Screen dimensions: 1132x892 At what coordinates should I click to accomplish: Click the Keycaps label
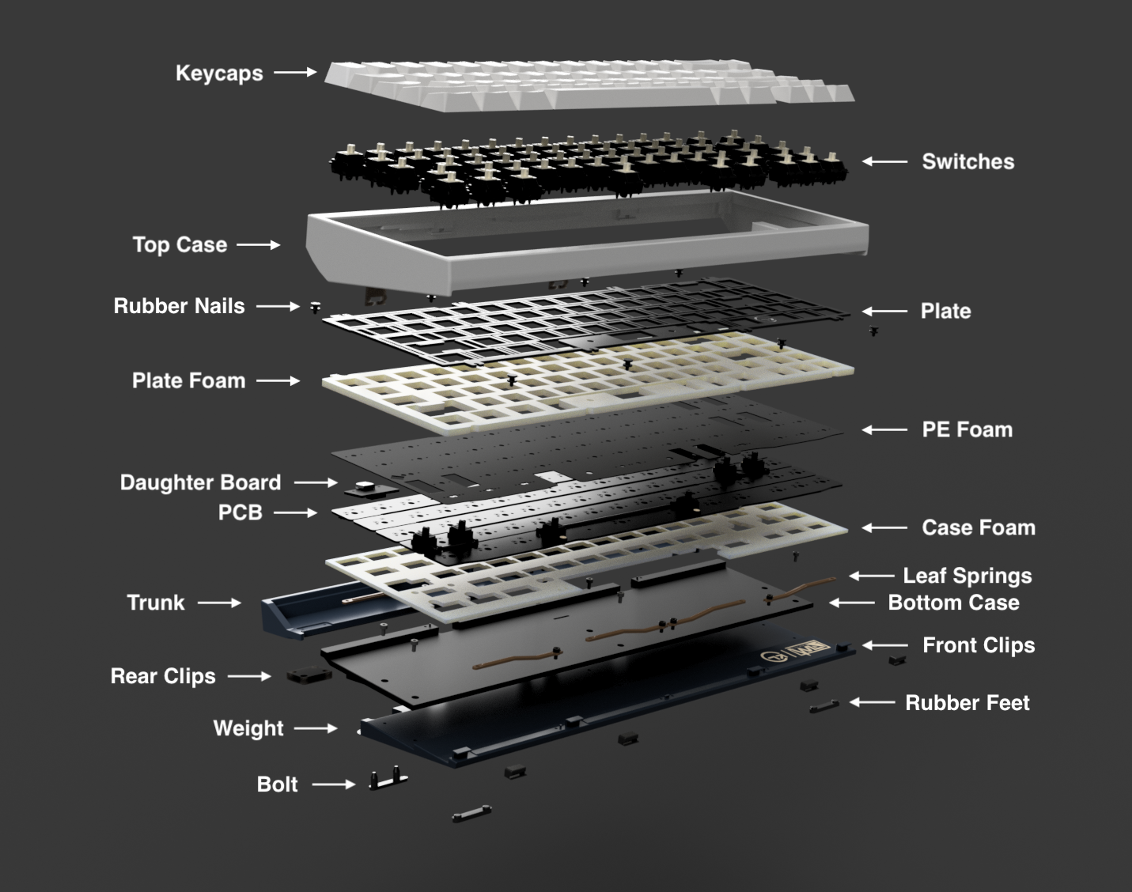(219, 74)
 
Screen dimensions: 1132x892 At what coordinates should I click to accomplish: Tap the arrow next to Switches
(884, 161)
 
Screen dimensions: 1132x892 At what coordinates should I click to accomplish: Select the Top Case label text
(180, 245)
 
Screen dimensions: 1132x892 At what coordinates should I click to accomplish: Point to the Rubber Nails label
(180, 306)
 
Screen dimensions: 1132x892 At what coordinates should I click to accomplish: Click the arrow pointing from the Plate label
(884, 312)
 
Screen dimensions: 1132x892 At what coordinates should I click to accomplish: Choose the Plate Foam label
(189, 381)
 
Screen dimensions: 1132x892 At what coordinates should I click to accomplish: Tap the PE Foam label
(967, 429)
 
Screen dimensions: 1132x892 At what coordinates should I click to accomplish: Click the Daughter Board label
(200, 483)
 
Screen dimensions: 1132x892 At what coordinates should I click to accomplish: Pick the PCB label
(240, 512)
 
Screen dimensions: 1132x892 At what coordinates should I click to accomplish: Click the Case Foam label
(979, 527)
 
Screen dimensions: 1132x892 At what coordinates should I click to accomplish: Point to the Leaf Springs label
(967, 576)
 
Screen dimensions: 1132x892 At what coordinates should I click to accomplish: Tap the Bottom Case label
(954, 603)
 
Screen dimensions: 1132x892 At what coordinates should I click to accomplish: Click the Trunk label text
(156, 603)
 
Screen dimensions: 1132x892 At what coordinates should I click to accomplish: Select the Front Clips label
(979, 645)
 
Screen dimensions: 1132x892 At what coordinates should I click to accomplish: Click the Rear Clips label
(163, 676)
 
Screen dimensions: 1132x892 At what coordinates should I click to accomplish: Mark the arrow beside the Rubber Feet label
(873, 702)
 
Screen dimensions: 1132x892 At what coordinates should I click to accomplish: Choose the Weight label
(248, 728)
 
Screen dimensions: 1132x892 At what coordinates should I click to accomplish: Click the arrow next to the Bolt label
(334, 784)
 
